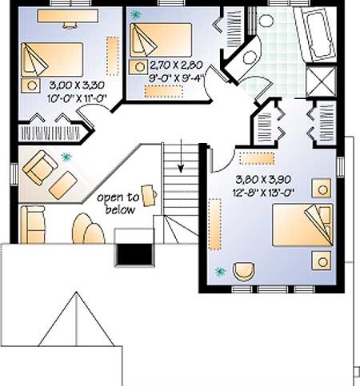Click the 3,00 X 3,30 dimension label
point(77,86)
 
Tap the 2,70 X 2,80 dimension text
point(176,65)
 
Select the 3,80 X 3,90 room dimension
point(263,179)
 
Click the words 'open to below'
point(118,204)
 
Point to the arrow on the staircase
point(181,155)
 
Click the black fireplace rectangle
point(134,254)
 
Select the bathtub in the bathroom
point(314,34)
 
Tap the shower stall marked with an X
point(321,82)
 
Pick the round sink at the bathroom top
point(266,21)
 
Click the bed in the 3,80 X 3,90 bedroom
point(302,225)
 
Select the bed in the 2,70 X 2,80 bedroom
point(161,40)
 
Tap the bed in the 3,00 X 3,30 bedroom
point(52,60)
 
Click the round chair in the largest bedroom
point(243,272)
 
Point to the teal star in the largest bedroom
point(220,272)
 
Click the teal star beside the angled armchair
point(66,157)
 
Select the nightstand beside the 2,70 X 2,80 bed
point(138,67)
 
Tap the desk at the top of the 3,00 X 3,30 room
point(68,16)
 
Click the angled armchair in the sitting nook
point(40,168)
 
